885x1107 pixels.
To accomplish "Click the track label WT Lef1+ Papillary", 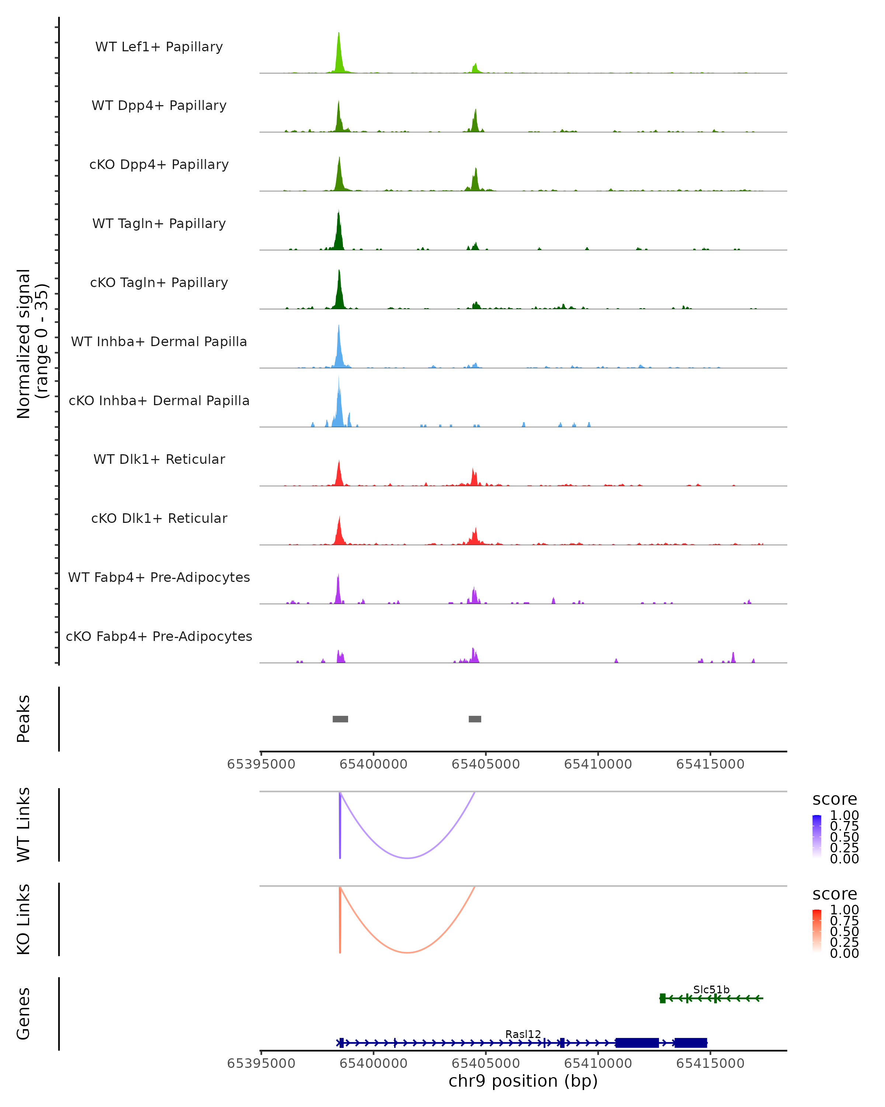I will pos(159,47).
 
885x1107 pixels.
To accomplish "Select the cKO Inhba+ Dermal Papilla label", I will pos(159,400).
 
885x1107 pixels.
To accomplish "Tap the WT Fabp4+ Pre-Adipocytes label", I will pos(159,577).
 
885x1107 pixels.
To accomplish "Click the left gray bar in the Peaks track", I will pos(340,719).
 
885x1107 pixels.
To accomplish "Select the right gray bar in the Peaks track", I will pos(475,719).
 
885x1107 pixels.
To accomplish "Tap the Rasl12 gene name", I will pos(523,1034).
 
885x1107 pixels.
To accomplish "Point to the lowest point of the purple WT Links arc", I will pos(407,858).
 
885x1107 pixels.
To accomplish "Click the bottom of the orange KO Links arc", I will pos(407,952).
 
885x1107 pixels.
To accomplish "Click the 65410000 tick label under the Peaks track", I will pos(598,764).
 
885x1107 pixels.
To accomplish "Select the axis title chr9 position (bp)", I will pos(523,1081).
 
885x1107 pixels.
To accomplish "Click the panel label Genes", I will pos(24,1014).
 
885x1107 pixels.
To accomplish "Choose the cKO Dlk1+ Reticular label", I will pos(159,518).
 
